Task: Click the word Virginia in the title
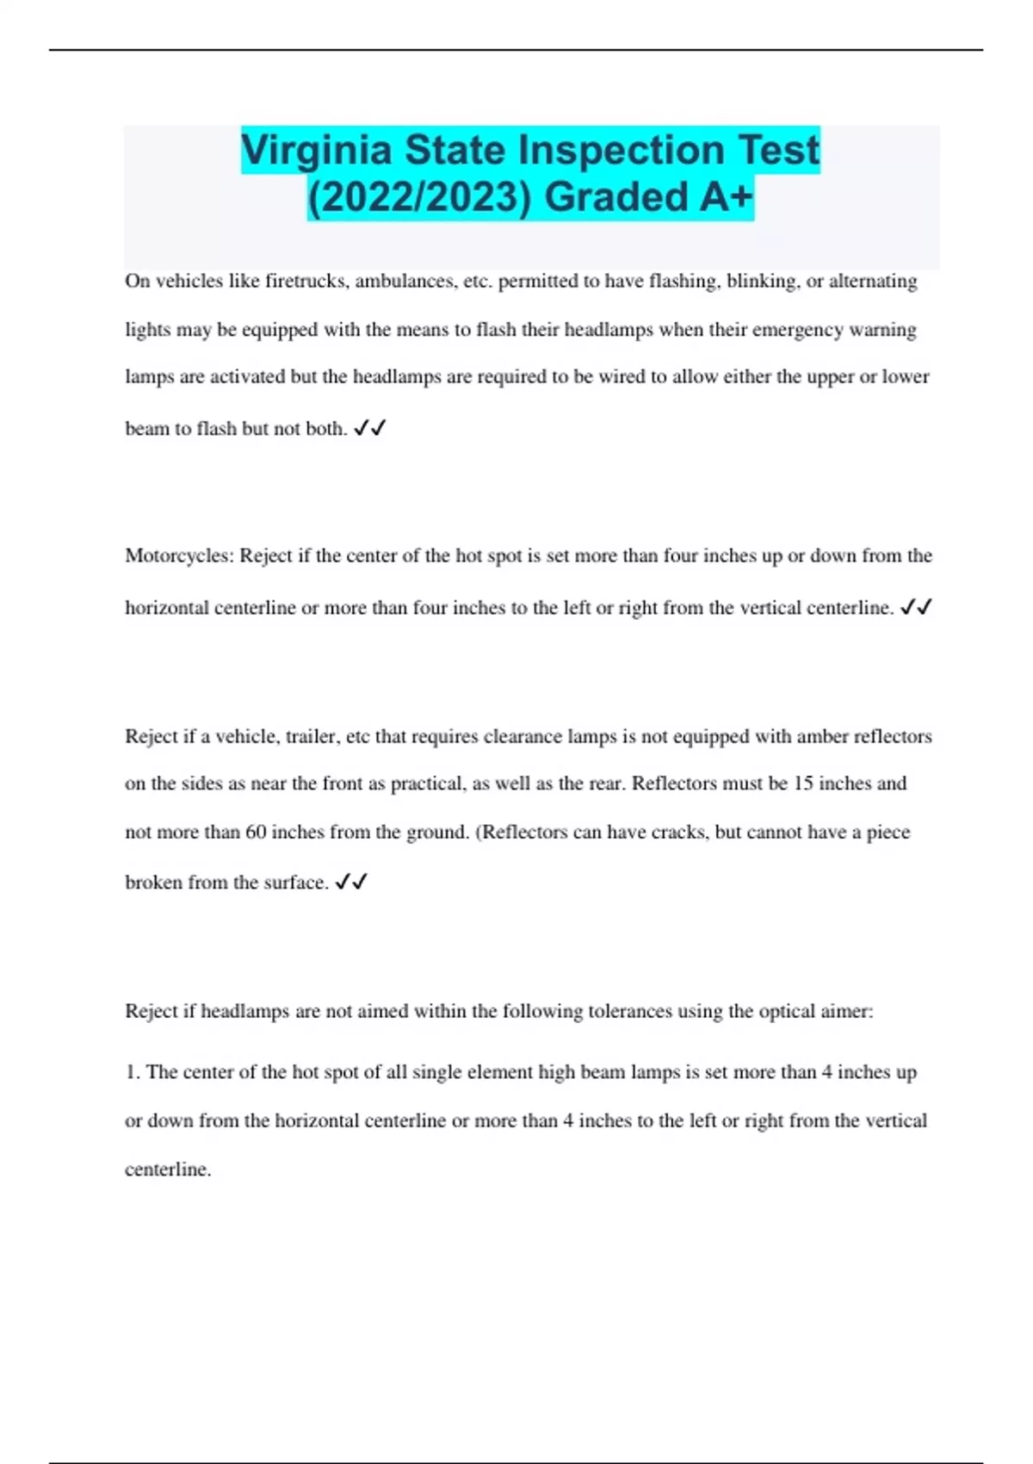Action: click(316, 150)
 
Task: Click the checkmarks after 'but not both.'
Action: click(370, 428)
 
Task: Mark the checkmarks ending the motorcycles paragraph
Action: click(916, 608)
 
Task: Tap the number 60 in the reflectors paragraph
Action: click(256, 833)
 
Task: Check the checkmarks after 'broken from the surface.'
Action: click(351, 883)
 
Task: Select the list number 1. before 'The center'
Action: click(133, 1072)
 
